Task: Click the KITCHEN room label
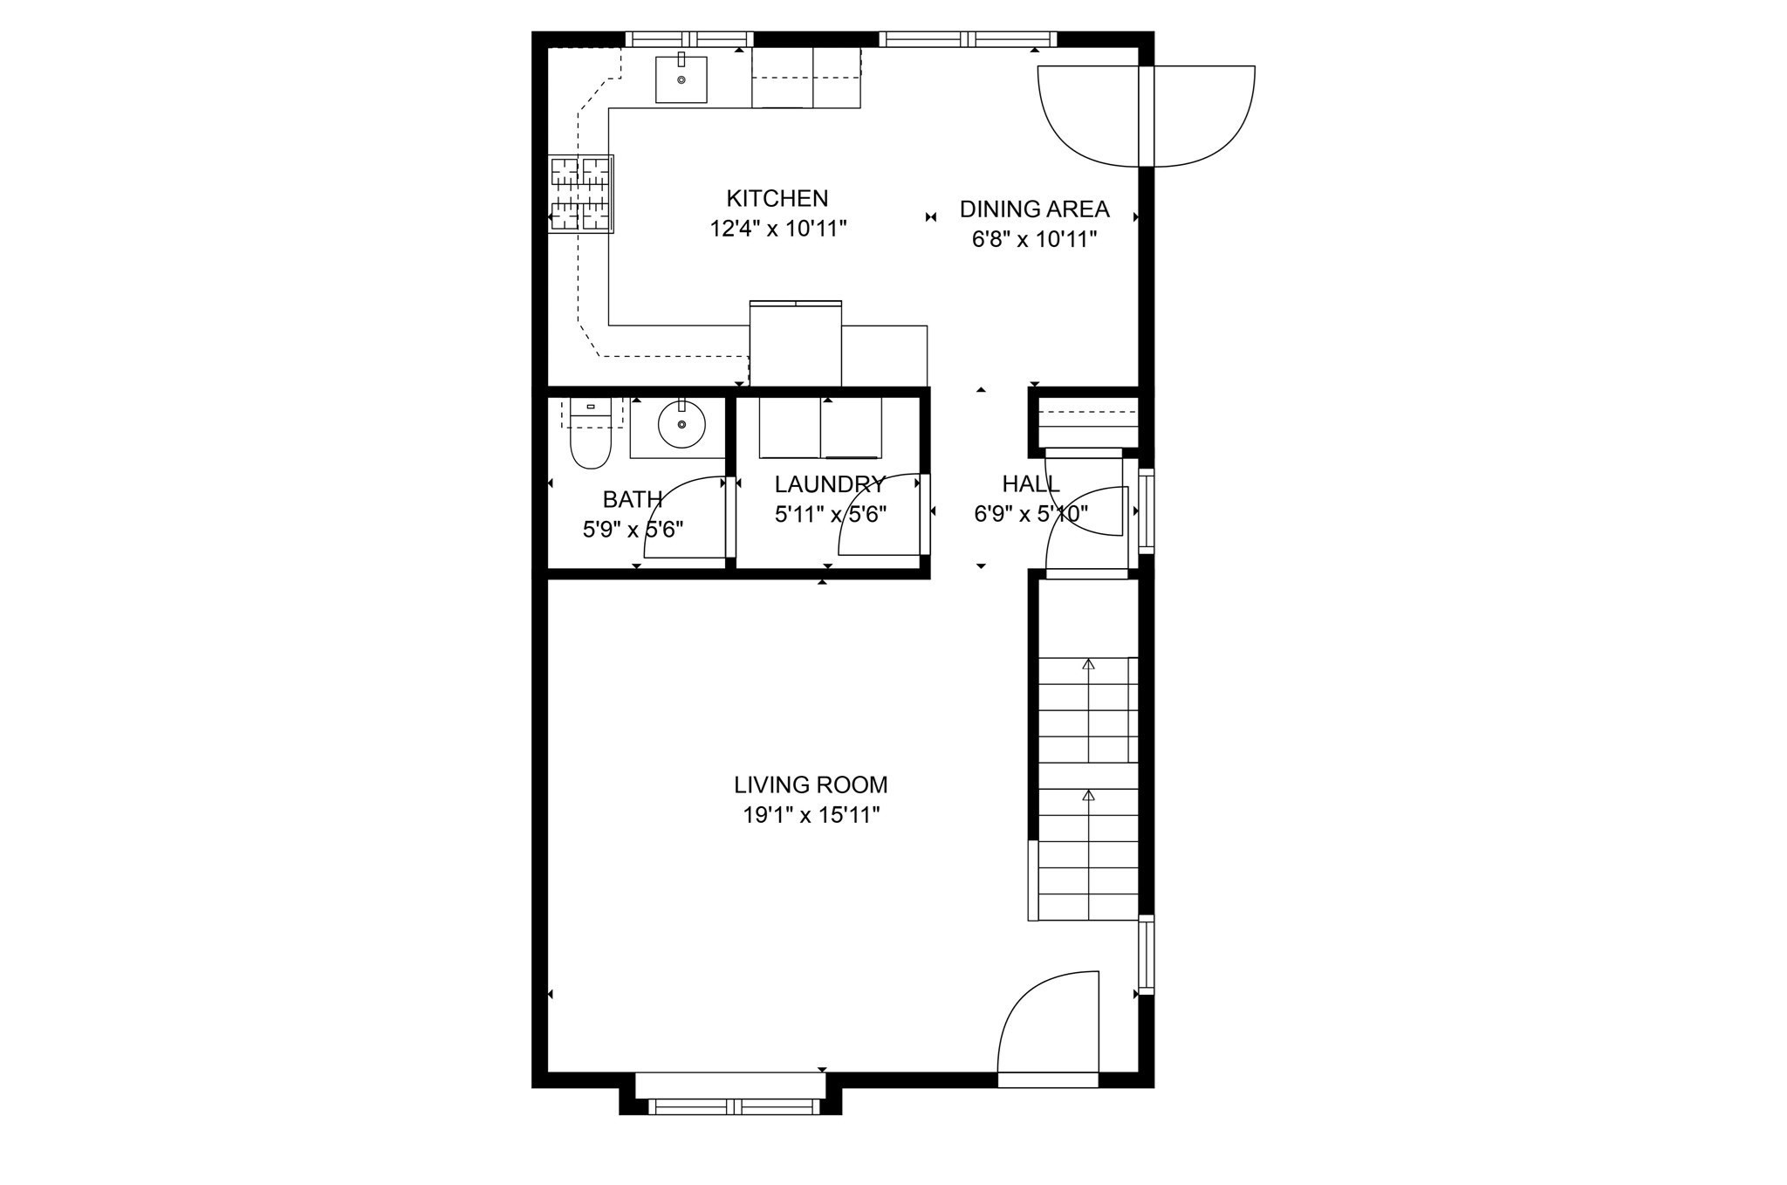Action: (777, 198)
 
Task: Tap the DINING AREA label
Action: (1034, 209)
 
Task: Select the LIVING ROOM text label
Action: (811, 785)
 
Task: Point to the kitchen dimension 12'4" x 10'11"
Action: (778, 229)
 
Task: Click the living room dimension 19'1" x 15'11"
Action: (811, 816)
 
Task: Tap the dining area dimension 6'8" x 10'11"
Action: (1034, 239)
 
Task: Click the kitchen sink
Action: (681, 79)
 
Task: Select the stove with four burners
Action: (580, 194)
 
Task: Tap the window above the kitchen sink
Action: (689, 39)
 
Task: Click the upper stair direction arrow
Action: (1088, 665)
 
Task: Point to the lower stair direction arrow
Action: (1088, 796)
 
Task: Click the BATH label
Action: (633, 500)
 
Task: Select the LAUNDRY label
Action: (829, 484)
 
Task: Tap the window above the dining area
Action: (968, 39)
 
